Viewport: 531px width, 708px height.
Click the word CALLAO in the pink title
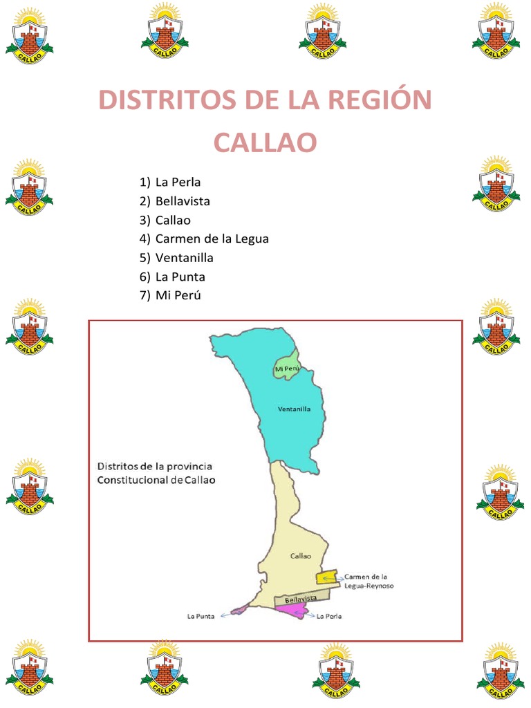[x=265, y=143]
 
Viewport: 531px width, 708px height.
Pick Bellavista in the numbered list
[x=183, y=201]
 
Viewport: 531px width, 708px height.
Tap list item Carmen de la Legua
[x=212, y=239]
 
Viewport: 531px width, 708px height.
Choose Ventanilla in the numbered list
[x=184, y=257]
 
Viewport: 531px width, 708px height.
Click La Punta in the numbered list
[x=180, y=277]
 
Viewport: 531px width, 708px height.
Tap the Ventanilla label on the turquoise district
[x=294, y=409]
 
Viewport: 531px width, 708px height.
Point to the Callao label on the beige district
[x=300, y=555]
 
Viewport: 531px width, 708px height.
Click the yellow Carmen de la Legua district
[x=326, y=577]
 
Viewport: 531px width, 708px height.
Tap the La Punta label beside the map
[x=201, y=615]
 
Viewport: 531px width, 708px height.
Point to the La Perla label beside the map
[x=329, y=615]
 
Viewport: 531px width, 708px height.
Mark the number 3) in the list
[x=145, y=220]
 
